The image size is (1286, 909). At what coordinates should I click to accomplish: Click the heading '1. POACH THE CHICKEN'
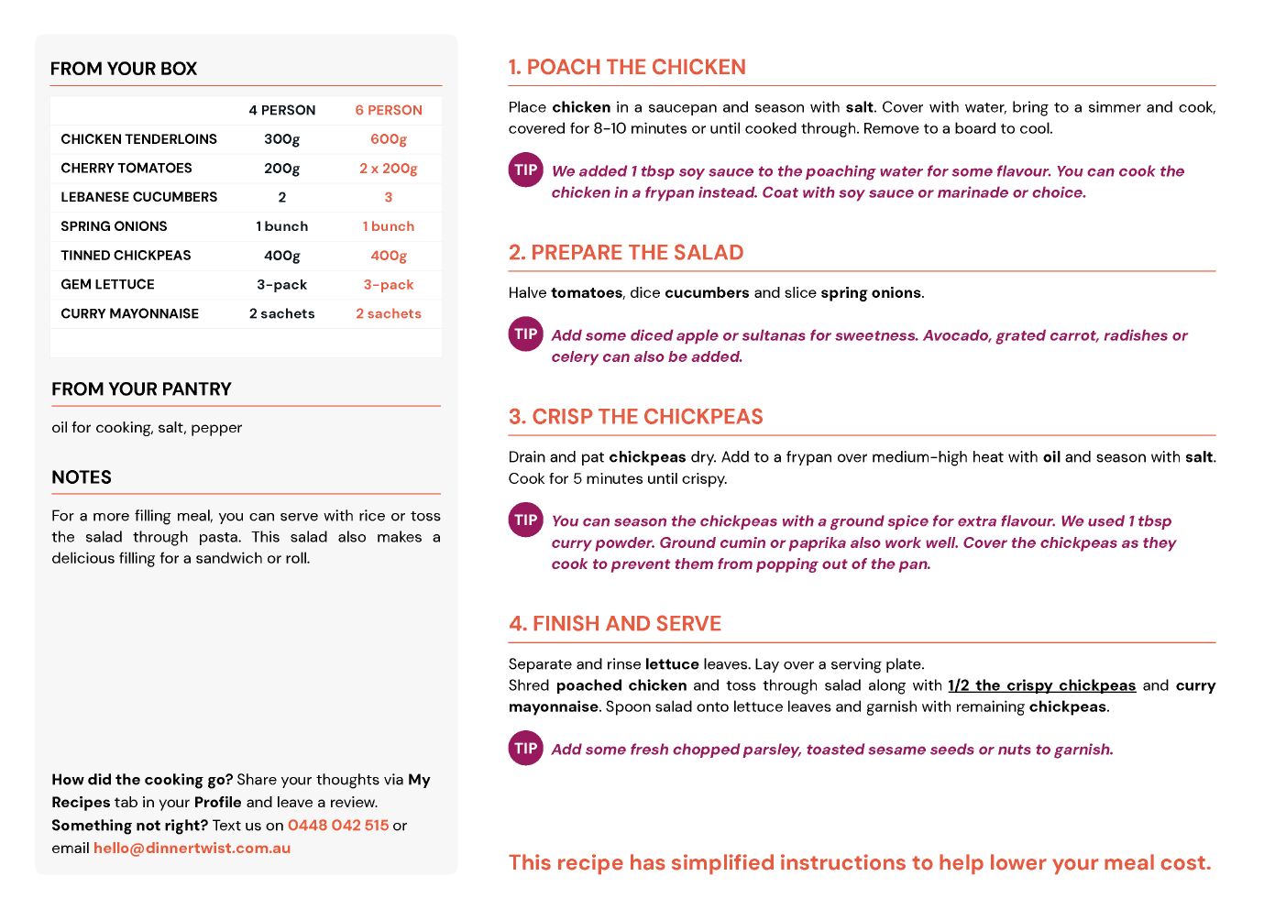pyautogui.click(x=627, y=68)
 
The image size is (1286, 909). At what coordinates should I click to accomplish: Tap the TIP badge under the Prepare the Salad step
pyautogui.click(x=526, y=334)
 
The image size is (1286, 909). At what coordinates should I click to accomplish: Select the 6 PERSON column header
pyautogui.click(x=389, y=111)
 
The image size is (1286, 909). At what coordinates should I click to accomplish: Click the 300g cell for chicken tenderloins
pyautogui.click(x=282, y=139)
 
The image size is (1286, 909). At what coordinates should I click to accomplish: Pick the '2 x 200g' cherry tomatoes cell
pyautogui.click(x=389, y=169)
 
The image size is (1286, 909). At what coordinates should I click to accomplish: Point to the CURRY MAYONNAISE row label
pyautogui.click(x=130, y=314)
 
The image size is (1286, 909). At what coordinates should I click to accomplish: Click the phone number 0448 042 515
pyautogui.click(x=338, y=826)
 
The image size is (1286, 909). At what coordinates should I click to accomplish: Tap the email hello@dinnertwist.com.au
pyautogui.click(x=192, y=849)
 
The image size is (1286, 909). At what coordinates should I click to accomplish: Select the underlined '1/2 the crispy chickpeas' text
pyautogui.click(x=1041, y=686)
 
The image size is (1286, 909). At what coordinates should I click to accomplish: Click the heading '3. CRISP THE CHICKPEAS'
pyautogui.click(x=636, y=418)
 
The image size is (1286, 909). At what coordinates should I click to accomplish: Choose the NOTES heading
pyautogui.click(x=82, y=478)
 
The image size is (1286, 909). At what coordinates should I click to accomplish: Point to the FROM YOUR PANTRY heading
pyautogui.click(x=141, y=389)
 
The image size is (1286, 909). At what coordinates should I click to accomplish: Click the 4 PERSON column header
pyautogui.click(x=282, y=111)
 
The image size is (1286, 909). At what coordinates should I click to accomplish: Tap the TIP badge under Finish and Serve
pyautogui.click(x=526, y=749)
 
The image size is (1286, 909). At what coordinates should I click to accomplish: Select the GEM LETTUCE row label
pyautogui.click(x=108, y=285)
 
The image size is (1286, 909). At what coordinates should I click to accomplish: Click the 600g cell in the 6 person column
pyautogui.click(x=389, y=139)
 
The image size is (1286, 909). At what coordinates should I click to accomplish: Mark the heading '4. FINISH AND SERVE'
pyautogui.click(x=615, y=625)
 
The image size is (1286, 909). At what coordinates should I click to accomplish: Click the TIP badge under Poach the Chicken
pyautogui.click(x=526, y=170)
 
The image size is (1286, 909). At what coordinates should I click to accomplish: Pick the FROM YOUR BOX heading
pyautogui.click(x=124, y=70)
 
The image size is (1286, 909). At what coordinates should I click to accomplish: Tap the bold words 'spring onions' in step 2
pyautogui.click(x=871, y=293)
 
